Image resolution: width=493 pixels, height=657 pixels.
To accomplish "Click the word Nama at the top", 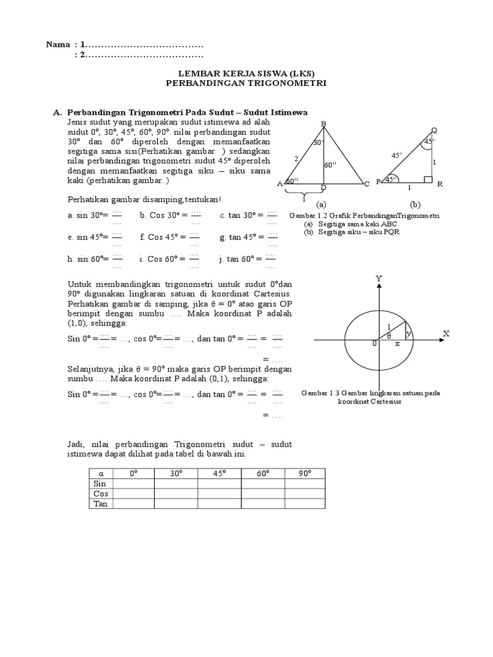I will click(x=58, y=45).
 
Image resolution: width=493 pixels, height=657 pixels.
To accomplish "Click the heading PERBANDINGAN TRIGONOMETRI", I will click(x=246, y=83).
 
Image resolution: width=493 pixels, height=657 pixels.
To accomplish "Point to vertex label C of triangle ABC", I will click(x=367, y=184).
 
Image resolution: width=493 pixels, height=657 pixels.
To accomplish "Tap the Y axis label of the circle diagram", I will click(x=379, y=277).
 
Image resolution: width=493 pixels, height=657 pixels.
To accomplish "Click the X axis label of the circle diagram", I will click(x=445, y=334).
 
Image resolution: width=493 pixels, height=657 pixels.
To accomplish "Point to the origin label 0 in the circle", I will click(x=374, y=345).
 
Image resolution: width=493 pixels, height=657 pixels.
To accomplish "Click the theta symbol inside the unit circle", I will click(x=388, y=336).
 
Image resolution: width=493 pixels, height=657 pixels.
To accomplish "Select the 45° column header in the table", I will click(x=218, y=474).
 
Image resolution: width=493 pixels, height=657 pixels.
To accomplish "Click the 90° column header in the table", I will click(x=304, y=474).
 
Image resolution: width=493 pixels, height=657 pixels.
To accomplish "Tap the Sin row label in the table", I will click(x=99, y=484).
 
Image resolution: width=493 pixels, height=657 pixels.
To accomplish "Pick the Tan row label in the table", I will click(x=100, y=504).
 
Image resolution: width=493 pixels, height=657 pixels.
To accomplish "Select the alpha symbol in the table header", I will click(x=99, y=474).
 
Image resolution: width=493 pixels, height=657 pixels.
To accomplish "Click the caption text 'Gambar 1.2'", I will click(x=305, y=216).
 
